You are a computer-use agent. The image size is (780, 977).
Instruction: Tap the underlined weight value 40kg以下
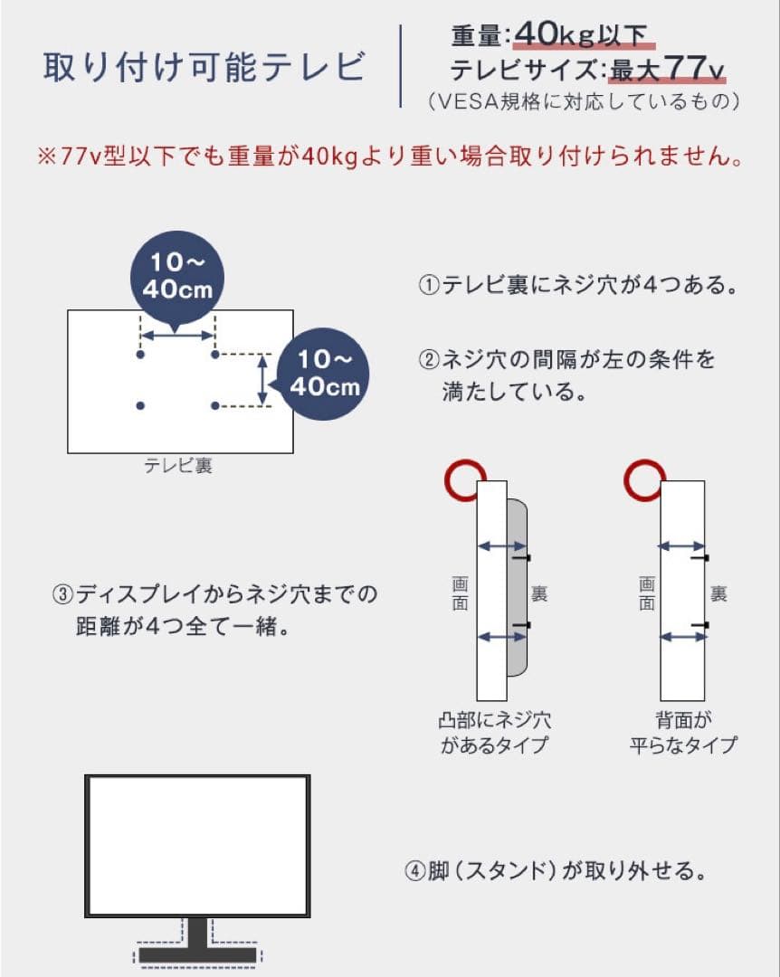tap(580, 35)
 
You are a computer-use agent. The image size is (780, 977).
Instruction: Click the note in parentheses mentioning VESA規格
tap(584, 100)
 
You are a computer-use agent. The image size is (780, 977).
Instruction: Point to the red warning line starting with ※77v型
tap(391, 157)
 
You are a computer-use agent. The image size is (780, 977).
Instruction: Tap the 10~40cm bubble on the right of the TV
tap(324, 373)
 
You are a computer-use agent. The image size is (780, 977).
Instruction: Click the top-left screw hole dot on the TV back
tap(140, 355)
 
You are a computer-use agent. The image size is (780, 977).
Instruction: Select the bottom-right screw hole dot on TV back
tap(215, 405)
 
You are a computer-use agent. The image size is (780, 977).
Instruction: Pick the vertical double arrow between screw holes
tap(263, 380)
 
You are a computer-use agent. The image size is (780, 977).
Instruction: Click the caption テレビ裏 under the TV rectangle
tap(179, 467)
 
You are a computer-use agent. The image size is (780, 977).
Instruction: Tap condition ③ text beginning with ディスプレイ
tap(215, 610)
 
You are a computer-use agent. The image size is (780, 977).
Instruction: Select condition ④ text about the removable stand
tap(554, 872)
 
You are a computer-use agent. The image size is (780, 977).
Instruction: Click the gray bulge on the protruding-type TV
tap(517, 588)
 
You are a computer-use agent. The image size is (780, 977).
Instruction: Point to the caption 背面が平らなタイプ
tap(683, 733)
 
